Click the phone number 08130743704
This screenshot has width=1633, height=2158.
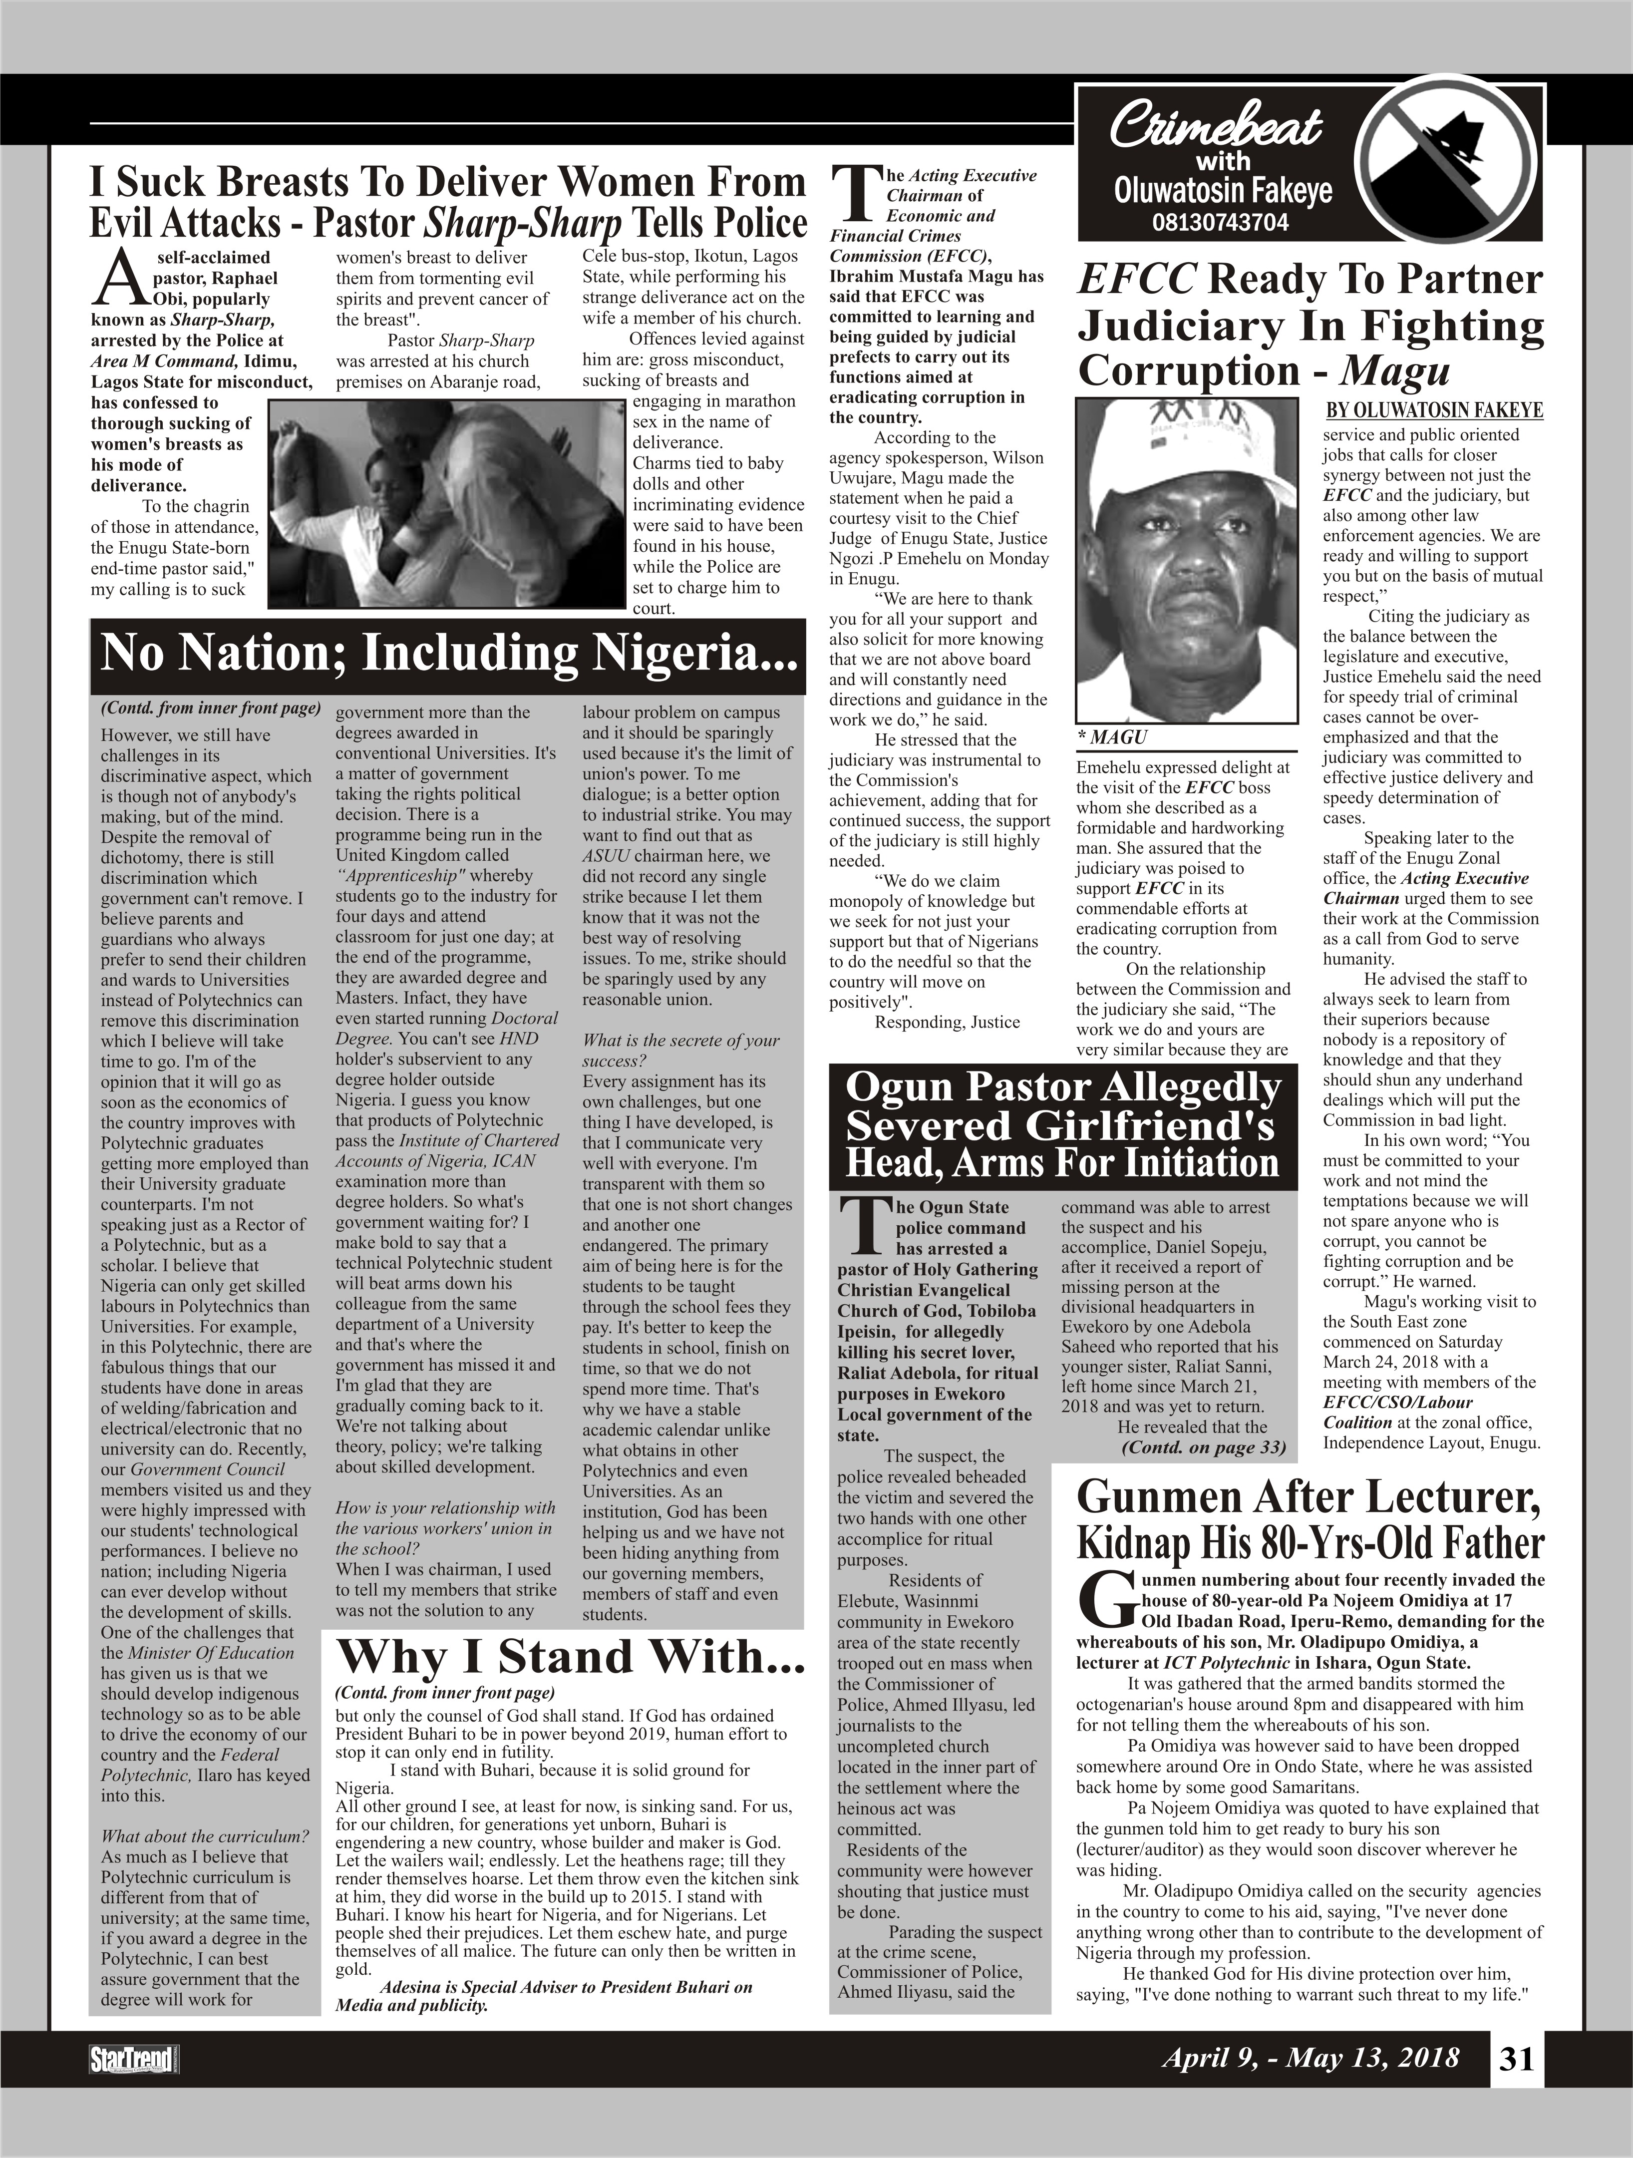pos(1220,222)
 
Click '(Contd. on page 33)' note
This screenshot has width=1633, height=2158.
pos(1204,1447)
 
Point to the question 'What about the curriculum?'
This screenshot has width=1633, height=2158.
pos(205,1836)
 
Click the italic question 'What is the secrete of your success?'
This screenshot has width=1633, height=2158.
pos(681,1050)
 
